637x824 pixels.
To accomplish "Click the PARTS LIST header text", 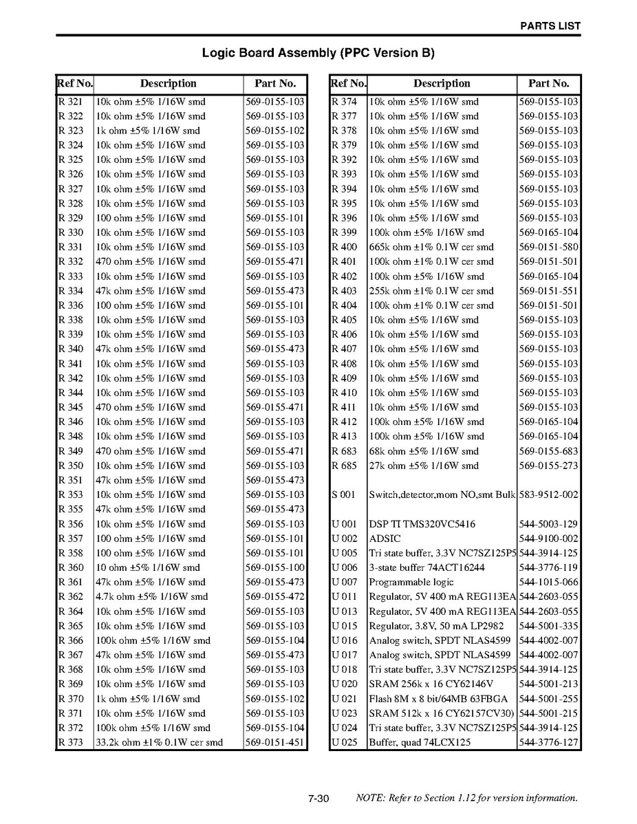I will tap(550, 26).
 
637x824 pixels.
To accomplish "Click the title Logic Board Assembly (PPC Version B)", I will tap(318, 53).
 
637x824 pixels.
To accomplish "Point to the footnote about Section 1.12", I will tap(466, 799).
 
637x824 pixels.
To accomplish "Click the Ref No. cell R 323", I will tap(71, 131).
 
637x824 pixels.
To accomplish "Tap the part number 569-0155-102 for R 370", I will tap(274, 699).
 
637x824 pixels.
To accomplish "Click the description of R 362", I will tap(151, 597).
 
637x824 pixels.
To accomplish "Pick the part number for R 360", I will tap(274, 568).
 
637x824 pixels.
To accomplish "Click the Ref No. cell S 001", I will tap(344, 495).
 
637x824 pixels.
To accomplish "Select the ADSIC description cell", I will tap(387, 539).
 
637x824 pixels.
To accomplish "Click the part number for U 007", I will tap(548, 583).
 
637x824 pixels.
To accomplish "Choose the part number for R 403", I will tap(548, 291).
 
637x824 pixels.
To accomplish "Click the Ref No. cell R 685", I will tap(345, 466).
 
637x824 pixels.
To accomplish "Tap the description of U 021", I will tap(438, 699).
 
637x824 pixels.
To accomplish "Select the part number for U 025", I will tap(548, 743).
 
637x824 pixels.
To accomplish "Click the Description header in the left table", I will tap(168, 84).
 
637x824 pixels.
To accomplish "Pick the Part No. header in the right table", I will tap(548, 84).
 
